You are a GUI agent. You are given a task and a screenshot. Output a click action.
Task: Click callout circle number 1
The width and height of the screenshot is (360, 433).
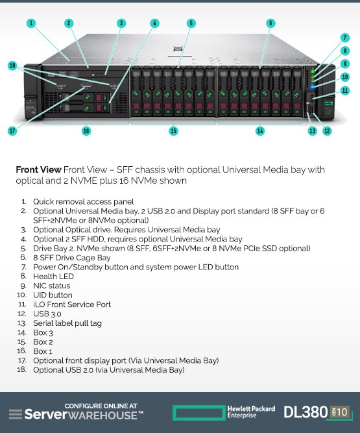31,23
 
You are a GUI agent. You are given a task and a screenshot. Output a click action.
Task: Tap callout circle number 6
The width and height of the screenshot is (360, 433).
270,23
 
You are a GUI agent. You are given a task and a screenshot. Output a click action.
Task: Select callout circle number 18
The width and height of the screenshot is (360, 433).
12,66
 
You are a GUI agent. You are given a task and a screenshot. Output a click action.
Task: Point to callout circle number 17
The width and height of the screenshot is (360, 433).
12,130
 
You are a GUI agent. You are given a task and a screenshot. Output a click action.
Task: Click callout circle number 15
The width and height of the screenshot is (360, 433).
174,130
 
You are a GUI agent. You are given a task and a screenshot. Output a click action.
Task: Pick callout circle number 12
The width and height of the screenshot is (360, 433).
327,130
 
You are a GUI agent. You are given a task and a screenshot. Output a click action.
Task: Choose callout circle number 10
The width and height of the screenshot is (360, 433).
345,77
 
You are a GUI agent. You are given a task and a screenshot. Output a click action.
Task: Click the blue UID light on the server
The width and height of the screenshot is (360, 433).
313,87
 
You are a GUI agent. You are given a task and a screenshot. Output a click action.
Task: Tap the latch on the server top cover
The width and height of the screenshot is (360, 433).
178,49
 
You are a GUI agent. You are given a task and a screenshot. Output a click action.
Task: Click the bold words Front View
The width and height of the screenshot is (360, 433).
38,169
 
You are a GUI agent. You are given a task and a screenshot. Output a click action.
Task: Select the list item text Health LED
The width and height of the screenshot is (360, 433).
54,277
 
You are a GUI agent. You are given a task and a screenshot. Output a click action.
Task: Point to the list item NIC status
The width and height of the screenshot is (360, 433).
52,286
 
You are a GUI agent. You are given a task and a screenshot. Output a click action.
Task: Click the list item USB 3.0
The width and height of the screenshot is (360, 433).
47,314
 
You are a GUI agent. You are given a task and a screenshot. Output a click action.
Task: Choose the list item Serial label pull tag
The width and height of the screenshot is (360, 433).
67,323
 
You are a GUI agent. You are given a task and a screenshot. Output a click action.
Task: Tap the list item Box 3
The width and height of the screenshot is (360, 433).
43,333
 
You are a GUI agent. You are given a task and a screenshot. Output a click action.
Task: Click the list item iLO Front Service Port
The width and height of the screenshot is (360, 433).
72,304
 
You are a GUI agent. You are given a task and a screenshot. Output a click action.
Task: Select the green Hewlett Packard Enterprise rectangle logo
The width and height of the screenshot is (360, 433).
198,413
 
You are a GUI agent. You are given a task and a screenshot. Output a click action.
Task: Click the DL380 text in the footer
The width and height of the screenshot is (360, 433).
306,412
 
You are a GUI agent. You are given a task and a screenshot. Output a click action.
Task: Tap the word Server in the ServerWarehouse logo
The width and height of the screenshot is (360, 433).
46,415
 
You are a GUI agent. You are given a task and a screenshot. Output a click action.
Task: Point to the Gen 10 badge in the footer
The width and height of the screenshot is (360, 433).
339,412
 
